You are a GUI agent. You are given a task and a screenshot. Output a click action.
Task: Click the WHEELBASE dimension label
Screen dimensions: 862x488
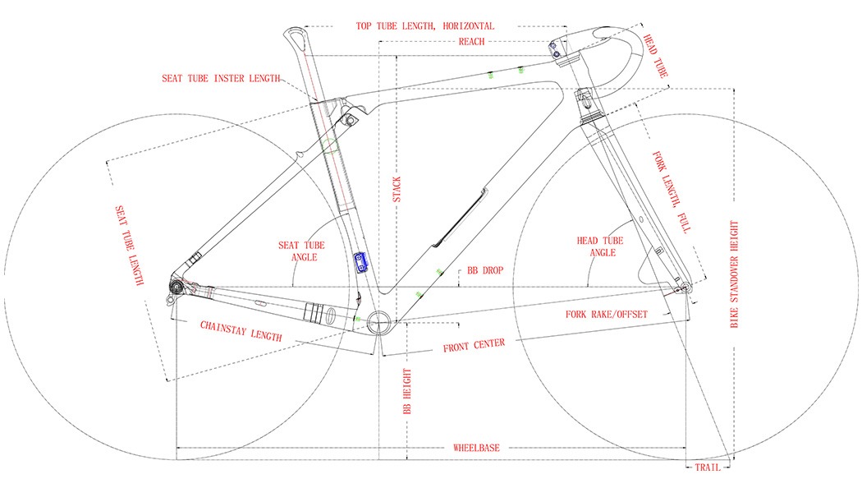[x=476, y=448]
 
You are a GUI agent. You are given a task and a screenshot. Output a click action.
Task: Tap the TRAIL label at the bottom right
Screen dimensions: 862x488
[x=708, y=467]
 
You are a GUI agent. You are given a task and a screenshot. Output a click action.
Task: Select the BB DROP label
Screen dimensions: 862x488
[x=485, y=270]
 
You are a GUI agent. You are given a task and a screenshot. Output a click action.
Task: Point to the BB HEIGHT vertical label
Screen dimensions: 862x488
[x=407, y=391]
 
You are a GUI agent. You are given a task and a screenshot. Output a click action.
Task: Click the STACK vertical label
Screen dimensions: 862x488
[x=397, y=189]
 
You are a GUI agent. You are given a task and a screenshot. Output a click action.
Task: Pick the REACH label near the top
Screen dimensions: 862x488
[x=472, y=41]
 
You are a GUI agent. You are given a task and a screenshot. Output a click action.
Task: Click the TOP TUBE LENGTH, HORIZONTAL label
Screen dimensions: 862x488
[x=425, y=25]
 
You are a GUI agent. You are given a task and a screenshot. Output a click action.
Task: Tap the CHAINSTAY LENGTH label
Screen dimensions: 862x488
[x=241, y=331]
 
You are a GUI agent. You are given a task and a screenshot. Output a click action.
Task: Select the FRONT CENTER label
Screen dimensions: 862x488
[x=474, y=345]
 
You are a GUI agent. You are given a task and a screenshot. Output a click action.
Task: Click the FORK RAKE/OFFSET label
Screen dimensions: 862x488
[x=607, y=314]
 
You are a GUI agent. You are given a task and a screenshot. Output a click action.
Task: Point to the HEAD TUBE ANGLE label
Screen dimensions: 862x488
[x=600, y=246]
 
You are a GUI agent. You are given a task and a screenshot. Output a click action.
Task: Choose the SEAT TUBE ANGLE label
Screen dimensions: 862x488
[x=302, y=251]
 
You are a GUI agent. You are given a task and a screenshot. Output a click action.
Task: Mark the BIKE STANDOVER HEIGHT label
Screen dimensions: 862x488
[x=734, y=274]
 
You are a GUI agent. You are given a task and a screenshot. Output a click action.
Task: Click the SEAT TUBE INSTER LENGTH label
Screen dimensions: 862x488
[x=221, y=78]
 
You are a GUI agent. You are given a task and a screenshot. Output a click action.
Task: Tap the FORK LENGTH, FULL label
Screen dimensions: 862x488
[x=672, y=192]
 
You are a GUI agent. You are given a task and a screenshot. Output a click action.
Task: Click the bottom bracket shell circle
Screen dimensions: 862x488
[x=378, y=321]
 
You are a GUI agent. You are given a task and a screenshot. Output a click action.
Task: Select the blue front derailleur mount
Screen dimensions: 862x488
[x=361, y=262]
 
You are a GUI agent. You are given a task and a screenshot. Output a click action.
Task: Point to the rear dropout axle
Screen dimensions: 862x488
[x=176, y=288]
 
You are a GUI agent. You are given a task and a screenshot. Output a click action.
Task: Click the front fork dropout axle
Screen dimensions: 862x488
[x=685, y=287]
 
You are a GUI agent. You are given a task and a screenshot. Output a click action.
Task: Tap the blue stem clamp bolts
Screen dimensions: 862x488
[x=554, y=50]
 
